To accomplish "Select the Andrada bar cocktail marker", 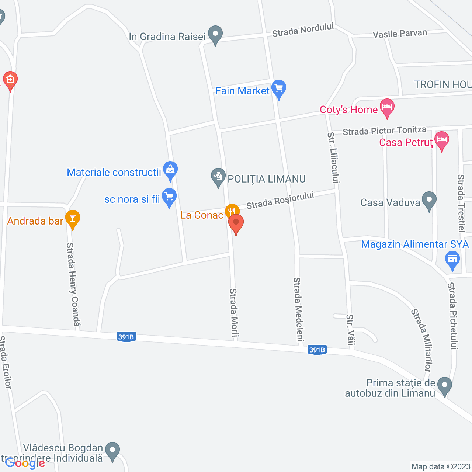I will pos(73,218).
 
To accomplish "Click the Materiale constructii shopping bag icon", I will pos(170,170).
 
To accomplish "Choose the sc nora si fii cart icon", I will pos(169,197).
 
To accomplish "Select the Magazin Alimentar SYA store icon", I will pos(452,259).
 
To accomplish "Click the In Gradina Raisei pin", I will pos(215,34).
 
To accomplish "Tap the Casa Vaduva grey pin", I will pos(429,200).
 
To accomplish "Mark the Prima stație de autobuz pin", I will pos(445,386).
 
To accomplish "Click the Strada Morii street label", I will pos(234,313).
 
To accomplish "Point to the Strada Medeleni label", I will pos(298,309).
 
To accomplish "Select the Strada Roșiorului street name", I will pos(280,200).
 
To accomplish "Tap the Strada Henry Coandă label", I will pos(73,284).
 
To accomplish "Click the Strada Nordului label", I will pos(303,30).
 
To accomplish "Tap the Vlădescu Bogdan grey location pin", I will pos(112,451).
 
